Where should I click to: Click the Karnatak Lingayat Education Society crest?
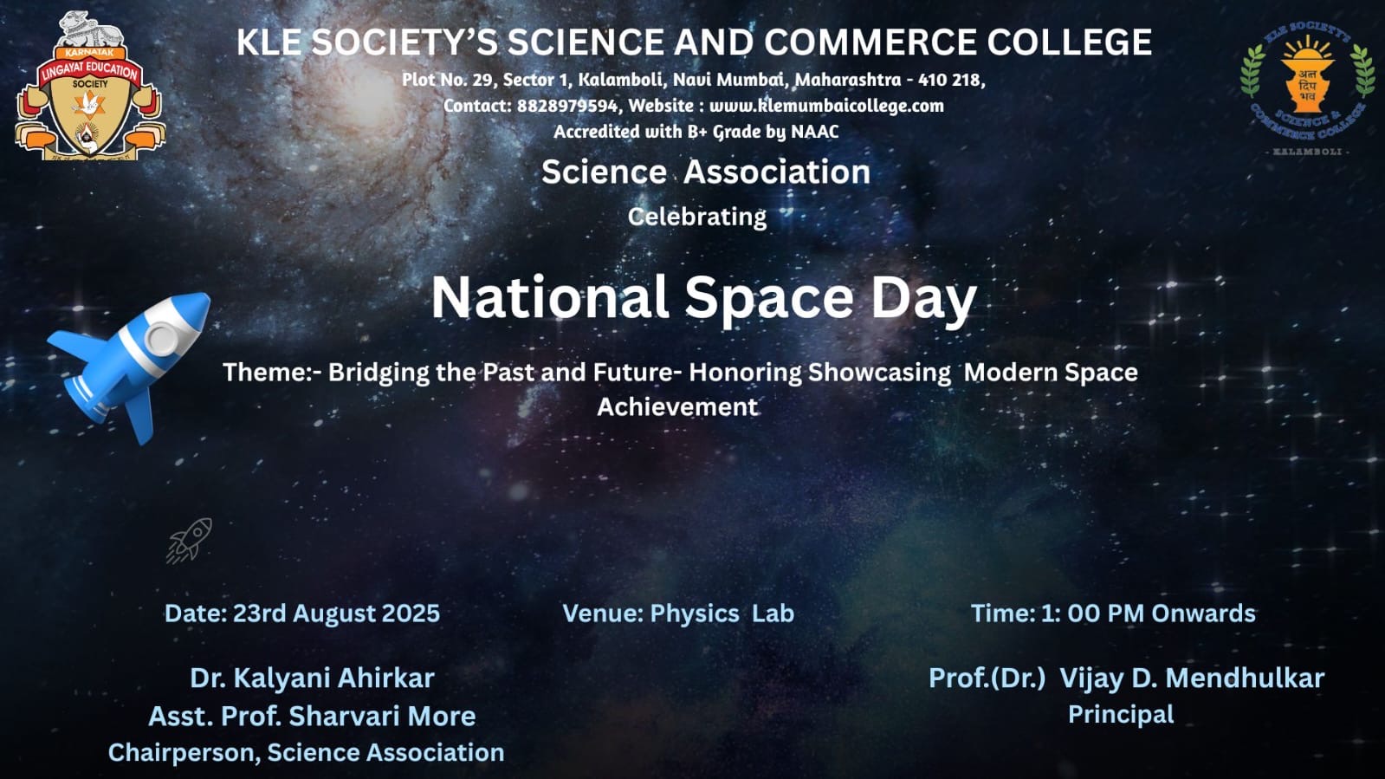point(90,87)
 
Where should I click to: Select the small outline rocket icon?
point(189,541)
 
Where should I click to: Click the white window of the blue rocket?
point(162,339)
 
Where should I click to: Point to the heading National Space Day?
point(703,299)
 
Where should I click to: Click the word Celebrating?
point(696,217)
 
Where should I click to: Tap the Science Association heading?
point(705,172)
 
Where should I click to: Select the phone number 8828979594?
point(567,106)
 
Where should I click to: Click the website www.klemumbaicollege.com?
point(826,106)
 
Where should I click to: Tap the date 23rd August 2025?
point(336,613)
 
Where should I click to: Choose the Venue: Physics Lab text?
point(678,613)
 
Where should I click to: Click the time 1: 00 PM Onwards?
point(1149,613)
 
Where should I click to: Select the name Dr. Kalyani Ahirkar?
point(312,678)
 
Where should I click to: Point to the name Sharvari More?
point(382,716)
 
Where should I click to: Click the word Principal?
point(1121,715)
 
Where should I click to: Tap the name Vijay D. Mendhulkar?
point(1192,678)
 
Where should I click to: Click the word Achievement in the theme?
point(677,407)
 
